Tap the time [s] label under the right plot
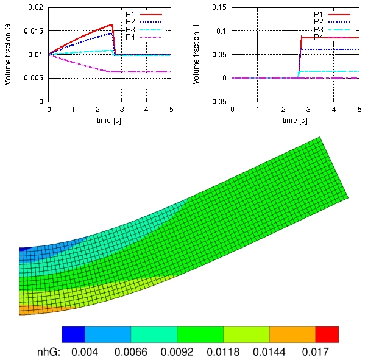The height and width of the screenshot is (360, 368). click(295, 121)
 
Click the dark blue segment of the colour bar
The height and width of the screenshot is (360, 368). click(73, 334)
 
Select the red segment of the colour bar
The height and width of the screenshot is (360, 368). click(327, 334)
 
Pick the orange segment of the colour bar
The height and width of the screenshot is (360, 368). click(292, 334)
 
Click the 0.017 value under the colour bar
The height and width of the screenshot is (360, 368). click(316, 352)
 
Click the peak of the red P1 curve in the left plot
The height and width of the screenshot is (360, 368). click(112, 25)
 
